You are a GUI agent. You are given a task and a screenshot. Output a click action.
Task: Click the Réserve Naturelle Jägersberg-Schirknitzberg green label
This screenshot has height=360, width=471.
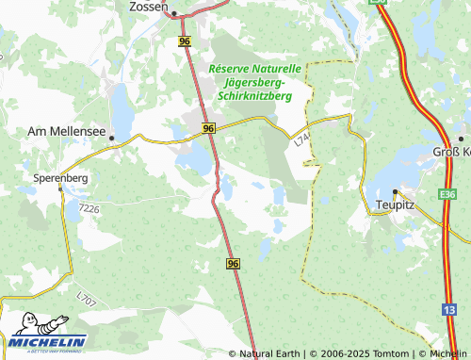point(253,82)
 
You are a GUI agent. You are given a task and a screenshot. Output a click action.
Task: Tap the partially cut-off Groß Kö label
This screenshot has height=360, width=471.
point(450,153)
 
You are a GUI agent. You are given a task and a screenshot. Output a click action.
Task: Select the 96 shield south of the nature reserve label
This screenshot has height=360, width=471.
point(208,127)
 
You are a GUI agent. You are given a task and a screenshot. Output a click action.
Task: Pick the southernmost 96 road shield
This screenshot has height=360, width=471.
point(234,264)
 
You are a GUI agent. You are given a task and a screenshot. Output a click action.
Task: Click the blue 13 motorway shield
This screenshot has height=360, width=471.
point(449,309)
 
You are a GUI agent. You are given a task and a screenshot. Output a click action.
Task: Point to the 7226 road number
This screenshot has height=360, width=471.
point(89,207)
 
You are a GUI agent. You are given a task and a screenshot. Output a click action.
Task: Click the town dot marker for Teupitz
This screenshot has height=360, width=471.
point(397,190)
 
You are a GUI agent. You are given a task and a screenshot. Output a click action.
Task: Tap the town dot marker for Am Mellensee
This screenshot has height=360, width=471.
point(111,138)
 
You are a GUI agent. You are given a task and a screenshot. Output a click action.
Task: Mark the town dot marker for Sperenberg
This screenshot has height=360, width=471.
point(61,188)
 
